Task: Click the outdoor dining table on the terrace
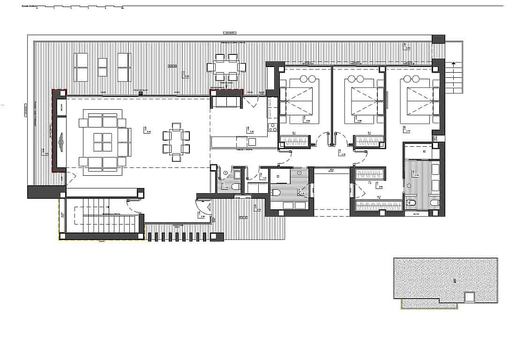(x=226, y=67)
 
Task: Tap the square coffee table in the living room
(x=102, y=142)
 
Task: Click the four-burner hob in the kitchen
(x=272, y=127)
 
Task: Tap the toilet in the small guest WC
(x=236, y=187)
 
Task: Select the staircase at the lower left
(x=101, y=216)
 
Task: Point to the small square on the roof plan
(x=469, y=296)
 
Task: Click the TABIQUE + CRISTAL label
(x=242, y=150)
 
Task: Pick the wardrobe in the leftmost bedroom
(x=294, y=141)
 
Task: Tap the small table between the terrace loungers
(x=102, y=67)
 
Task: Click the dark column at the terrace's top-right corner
(x=438, y=39)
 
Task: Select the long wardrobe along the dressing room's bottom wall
(x=379, y=205)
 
